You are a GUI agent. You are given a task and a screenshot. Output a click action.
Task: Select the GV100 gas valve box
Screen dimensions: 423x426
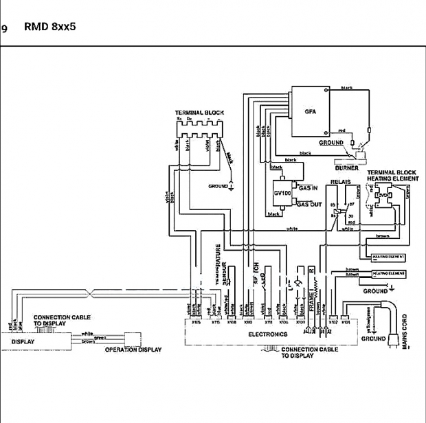(x=283, y=192)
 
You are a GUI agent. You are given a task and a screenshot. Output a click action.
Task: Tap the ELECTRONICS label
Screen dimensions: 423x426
(x=267, y=334)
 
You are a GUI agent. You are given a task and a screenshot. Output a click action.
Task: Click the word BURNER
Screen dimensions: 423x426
(x=347, y=168)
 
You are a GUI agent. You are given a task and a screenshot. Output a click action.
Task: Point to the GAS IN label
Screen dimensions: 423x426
(x=307, y=187)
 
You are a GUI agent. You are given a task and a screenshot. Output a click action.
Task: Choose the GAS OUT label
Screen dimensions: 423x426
(x=309, y=204)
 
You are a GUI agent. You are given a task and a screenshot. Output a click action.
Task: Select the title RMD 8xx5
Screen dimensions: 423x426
(x=50, y=28)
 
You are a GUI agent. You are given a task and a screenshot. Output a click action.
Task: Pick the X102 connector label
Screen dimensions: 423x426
(x=333, y=321)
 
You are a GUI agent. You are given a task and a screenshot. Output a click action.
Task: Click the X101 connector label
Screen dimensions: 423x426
(x=346, y=321)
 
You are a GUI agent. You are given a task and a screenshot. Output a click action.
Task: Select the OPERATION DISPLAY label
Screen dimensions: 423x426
(x=133, y=350)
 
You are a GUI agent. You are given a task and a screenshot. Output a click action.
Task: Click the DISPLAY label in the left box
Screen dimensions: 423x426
(x=22, y=340)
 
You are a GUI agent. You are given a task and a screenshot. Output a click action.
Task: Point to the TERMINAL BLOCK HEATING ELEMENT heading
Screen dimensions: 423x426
(x=392, y=174)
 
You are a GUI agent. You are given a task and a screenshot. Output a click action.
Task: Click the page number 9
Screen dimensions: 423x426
(x=4, y=29)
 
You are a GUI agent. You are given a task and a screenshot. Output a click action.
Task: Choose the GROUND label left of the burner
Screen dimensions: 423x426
(x=330, y=143)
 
